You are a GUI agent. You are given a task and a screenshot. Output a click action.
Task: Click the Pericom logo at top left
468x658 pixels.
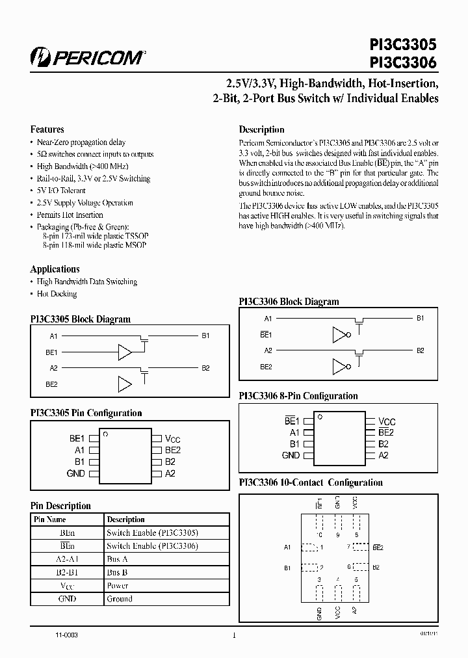click(x=88, y=57)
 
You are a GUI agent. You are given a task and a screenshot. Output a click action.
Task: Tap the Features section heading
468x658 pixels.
click(x=47, y=129)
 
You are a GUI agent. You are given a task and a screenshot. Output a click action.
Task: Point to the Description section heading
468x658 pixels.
click(x=261, y=129)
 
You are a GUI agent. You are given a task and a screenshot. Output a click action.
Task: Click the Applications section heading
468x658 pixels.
click(x=55, y=269)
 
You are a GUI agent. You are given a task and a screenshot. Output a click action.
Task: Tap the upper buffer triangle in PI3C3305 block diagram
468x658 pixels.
click(x=124, y=352)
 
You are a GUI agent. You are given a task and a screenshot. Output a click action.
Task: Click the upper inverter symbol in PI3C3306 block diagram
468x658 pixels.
click(x=341, y=335)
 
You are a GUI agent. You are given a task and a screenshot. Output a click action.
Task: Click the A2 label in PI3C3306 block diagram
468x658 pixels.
click(x=268, y=350)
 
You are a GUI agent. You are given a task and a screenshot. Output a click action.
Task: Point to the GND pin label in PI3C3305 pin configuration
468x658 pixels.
click(x=76, y=473)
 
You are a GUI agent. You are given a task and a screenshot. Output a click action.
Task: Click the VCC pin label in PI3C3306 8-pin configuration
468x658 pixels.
click(x=387, y=421)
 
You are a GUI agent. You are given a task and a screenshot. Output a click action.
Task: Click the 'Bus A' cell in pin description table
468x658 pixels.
click(x=117, y=559)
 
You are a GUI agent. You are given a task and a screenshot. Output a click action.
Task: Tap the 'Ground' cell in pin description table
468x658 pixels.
click(x=119, y=599)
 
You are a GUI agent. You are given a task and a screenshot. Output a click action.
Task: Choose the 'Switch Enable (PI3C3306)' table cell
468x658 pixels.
click(x=152, y=546)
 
